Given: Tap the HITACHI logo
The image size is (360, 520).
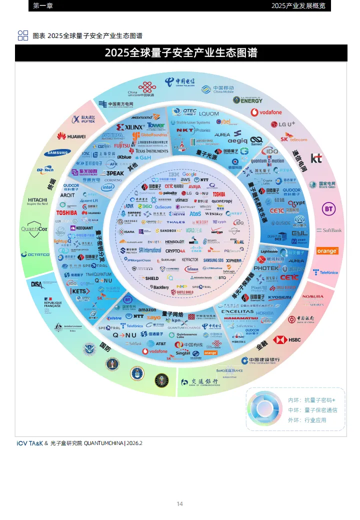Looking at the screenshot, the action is click(x=37, y=201).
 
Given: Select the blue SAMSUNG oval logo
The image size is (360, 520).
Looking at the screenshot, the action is click(x=59, y=153).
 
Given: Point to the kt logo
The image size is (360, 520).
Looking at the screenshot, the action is click(x=316, y=158).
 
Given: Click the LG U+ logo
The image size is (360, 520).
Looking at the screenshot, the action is click(x=283, y=124).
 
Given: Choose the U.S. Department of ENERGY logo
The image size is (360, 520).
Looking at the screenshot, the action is click(x=247, y=99).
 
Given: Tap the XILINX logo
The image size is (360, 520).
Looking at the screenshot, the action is click(x=130, y=127).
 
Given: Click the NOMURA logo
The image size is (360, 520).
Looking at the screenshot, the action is click(x=313, y=296).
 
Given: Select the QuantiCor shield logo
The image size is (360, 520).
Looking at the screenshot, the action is click(x=34, y=229).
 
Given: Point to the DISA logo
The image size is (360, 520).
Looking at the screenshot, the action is click(x=50, y=284).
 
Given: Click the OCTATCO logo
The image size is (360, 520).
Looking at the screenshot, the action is click(x=35, y=254).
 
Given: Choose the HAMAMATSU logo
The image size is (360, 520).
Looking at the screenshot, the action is click(x=240, y=318).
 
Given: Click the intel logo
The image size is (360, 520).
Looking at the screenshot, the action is click(x=107, y=187).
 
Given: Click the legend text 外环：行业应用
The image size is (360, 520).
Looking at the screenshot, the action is click(x=307, y=420).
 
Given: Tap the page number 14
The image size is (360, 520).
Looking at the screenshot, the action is click(x=180, y=503).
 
